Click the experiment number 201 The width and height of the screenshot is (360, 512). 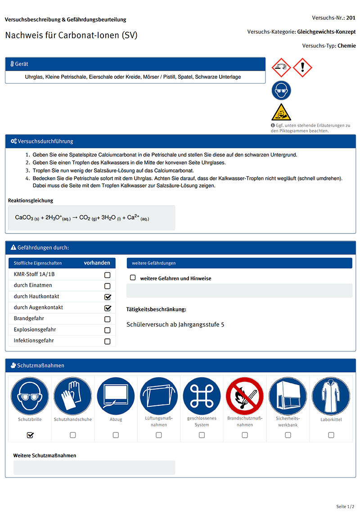pyautogui.click(x=351, y=18)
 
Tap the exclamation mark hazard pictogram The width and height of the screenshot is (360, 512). pyautogui.click(x=302, y=67)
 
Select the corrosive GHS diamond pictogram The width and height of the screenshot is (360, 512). pyautogui.click(x=281, y=67)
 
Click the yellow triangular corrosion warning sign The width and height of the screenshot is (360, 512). pyautogui.click(x=281, y=112)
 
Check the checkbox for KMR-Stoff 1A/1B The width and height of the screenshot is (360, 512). pyautogui.click(x=107, y=275)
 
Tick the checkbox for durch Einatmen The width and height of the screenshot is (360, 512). pyautogui.click(x=107, y=286)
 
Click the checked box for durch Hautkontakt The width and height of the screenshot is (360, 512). pyautogui.click(x=107, y=297)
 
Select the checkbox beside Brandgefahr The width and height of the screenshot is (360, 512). pyautogui.click(x=107, y=319)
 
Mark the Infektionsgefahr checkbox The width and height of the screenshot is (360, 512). pyautogui.click(x=107, y=341)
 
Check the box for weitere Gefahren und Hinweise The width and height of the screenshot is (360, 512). pyautogui.click(x=133, y=278)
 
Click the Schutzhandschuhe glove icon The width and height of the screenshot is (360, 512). pyautogui.click(x=72, y=396)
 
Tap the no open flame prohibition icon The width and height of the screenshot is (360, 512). pyautogui.click(x=244, y=396)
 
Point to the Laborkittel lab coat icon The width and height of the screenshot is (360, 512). pyautogui.click(x=331, y=396)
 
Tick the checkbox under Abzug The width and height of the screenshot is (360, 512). pyautogui.click(x=116, y=435)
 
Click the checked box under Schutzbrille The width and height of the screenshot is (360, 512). pyautogui.click(x=30, y=435)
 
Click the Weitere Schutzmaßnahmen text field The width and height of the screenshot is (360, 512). pyautogui.click(x=94, y=468)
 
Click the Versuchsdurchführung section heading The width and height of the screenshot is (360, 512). pyautogui.click(x=45, y=141)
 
